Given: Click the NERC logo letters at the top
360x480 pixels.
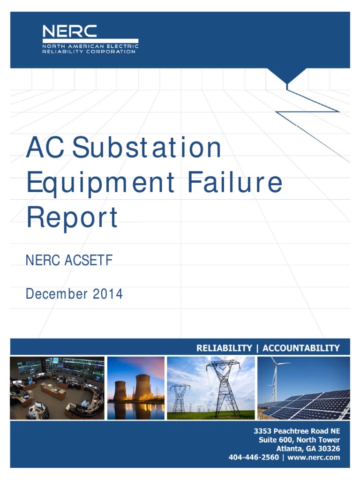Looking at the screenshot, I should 70,31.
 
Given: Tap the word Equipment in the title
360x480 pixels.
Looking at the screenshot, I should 102,183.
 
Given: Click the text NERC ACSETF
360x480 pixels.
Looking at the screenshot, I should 69,261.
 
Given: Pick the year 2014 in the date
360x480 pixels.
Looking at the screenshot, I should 107,294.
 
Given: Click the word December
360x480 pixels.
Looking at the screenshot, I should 57,294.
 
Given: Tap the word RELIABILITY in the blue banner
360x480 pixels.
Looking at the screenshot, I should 224,348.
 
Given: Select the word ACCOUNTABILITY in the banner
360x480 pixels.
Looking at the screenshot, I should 301,348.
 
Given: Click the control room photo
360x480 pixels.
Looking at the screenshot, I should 57,388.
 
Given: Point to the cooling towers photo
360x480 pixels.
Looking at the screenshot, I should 136,388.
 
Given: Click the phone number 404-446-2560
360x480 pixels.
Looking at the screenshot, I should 254,457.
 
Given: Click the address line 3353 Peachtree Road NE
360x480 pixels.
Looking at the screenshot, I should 297,431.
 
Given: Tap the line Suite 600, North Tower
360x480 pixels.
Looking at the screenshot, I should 300,440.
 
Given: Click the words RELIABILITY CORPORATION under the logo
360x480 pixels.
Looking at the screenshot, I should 89,52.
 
